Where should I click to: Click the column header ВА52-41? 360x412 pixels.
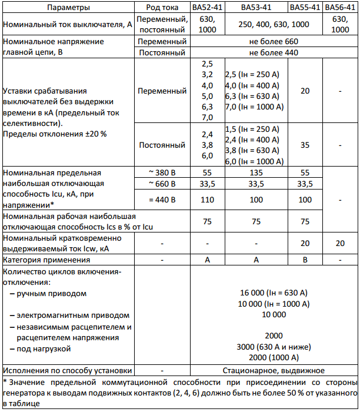(207, 8)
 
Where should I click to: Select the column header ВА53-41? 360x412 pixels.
(256, 8)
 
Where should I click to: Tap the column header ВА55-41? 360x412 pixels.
(305, 8)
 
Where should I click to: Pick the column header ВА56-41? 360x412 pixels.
(340, 8)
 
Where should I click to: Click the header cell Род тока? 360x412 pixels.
(162, 8)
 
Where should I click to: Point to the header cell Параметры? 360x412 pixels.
(69, 8)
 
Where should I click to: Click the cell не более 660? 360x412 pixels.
(274, 42)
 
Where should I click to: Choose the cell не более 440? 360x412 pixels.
(274, 53)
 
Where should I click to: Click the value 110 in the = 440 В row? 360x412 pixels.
(207, 200)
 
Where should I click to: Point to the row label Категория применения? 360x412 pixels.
(41, 260)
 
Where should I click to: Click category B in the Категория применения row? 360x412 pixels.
(305, 260)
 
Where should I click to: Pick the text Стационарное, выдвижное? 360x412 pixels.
(274, 371)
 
